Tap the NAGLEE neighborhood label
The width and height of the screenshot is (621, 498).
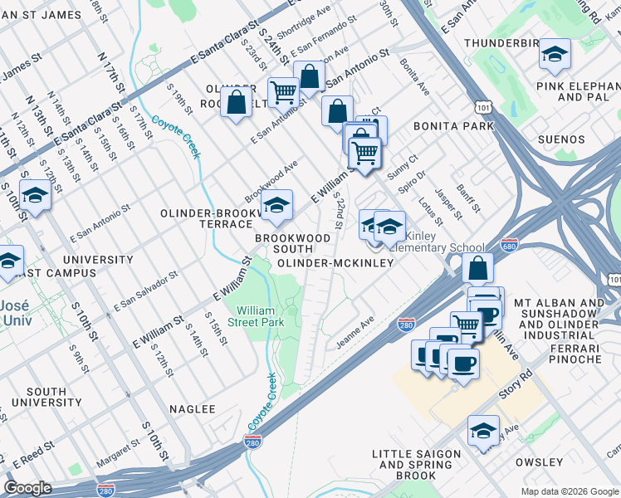point(193,409)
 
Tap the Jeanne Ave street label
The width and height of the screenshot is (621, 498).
point(355,331)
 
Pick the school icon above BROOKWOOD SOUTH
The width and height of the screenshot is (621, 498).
point(277,205)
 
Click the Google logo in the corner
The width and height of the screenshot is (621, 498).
point(28,488)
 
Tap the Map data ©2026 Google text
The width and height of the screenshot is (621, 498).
point(570,491)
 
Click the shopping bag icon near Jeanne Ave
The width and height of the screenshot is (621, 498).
point(478,268)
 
